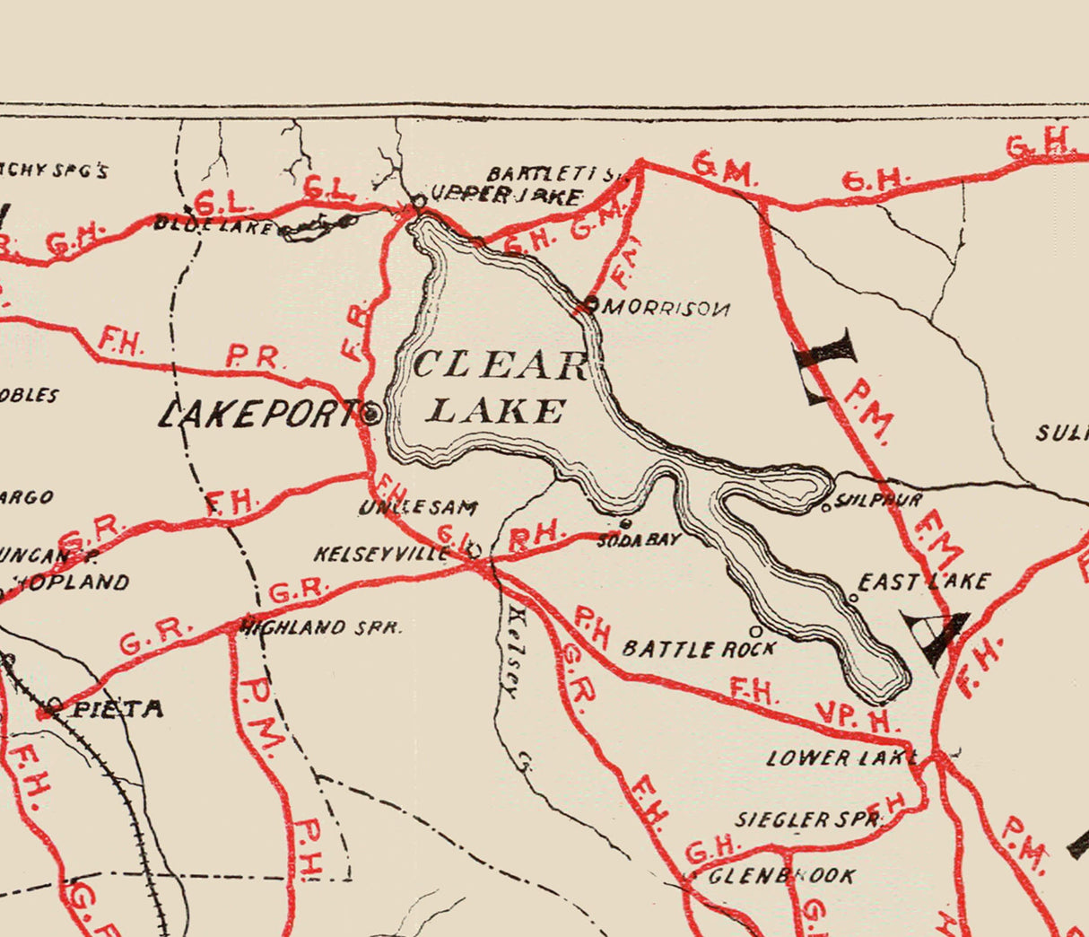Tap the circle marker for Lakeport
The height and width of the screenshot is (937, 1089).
370,415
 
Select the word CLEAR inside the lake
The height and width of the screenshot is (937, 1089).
500,365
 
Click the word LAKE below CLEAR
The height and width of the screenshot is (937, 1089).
496,411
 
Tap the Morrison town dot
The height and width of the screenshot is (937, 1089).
590,302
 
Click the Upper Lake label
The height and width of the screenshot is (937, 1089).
507,195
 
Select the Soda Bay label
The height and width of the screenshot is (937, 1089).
639,539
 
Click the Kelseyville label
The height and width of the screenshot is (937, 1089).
380,554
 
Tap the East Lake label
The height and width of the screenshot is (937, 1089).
923,582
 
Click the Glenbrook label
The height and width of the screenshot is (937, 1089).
781,875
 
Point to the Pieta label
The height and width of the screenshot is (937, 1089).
118,709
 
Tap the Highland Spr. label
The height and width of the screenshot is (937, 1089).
321,627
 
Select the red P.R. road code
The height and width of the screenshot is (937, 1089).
256,360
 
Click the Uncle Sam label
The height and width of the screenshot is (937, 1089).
419,507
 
